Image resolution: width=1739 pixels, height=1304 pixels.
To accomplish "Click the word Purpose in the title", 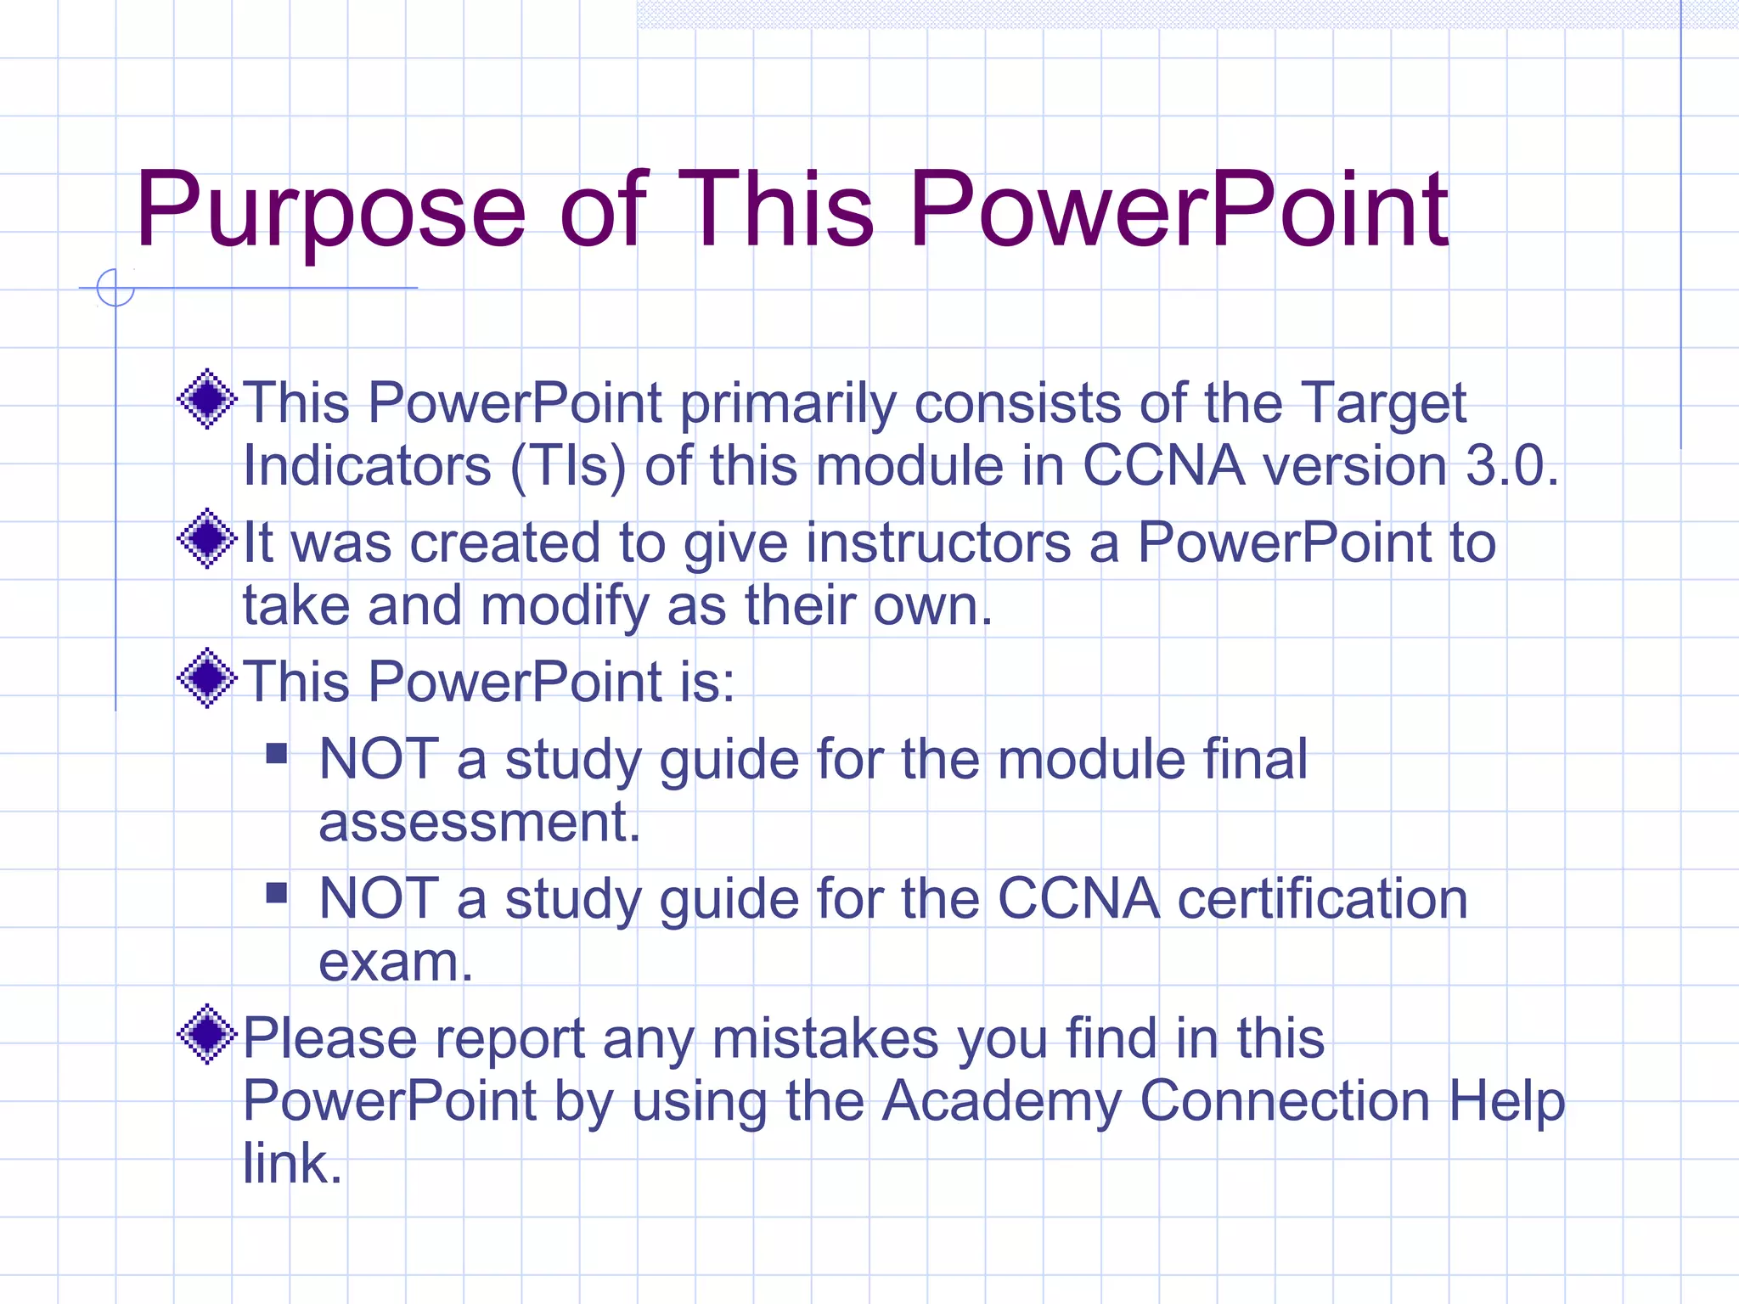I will click(330, 211).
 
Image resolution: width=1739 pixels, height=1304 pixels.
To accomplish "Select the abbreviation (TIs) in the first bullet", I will click(568, 466).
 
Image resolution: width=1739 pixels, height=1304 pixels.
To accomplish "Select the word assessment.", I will click(479, 823).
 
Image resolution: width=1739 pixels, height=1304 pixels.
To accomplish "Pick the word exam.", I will click(395, 963).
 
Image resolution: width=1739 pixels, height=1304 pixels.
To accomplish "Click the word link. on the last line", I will click(292, 1164).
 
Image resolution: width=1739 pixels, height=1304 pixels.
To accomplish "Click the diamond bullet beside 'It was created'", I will click(206, 539).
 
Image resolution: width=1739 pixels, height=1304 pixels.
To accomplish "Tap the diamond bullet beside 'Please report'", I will click(206, 1034).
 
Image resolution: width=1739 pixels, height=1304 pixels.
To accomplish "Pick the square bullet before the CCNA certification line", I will click(277, 893).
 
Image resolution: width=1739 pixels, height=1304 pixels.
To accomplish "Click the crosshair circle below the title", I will click(115, 288).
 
